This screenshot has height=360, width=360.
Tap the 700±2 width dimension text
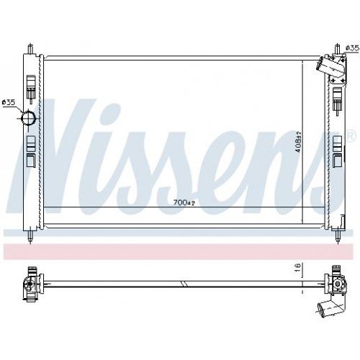click(x=184, y=203)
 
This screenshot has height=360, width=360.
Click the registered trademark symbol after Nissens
click(x=351, y=135)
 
